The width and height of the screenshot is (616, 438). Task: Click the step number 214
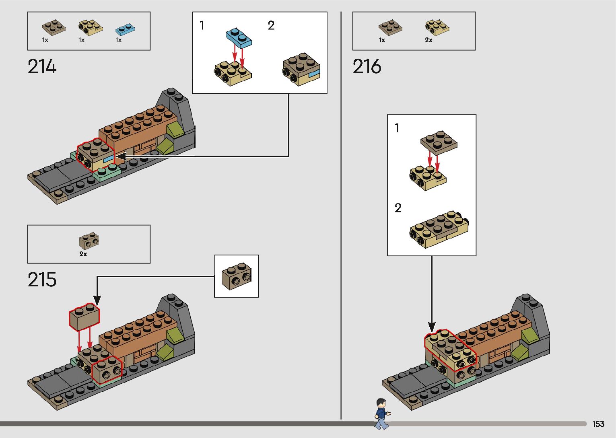click(x=42, y=66)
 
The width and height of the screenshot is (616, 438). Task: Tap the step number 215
click(x=42, y=280)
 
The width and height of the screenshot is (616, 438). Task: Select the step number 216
click(x=367, y=66)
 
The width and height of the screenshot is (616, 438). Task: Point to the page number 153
click(x=598, y=424)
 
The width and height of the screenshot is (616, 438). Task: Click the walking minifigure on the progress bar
click(x=381, y=413)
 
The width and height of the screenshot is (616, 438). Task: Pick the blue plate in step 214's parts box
click(x=125, y=29)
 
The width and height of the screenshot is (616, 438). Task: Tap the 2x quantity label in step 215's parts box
click(x=83, y=254)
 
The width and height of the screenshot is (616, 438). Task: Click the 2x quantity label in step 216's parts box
click(x=429, y=40)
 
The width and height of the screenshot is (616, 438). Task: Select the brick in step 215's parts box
click(x=89, y=241)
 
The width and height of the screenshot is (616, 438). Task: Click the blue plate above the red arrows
click(x=239, y=37)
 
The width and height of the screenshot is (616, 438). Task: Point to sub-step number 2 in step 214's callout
click(x=271, y=26)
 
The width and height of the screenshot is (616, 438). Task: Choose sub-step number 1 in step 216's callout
click(x=397, y=128)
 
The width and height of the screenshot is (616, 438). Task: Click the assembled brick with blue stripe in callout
click(x=302, y=69)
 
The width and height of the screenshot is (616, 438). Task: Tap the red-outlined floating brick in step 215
click(x=84, y=317)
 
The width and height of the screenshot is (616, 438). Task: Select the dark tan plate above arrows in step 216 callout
click(x=439, y=142)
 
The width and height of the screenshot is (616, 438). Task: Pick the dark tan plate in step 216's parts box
click(x=390, y=27)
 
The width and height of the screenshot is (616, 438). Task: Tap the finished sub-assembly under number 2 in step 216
click(x=439, y=229)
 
